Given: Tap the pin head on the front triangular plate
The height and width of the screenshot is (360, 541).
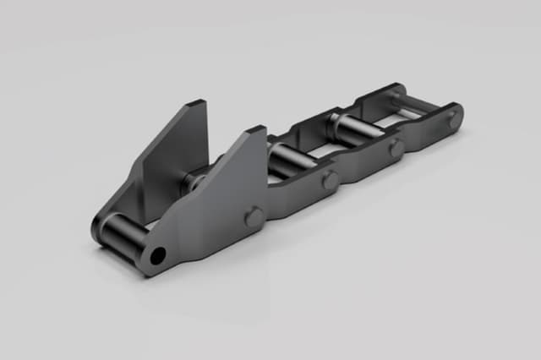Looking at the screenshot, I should coord(254,217).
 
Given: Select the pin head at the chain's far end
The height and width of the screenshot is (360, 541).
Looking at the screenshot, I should coord(455,119).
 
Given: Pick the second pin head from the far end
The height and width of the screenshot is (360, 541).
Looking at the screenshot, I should coord(396,149).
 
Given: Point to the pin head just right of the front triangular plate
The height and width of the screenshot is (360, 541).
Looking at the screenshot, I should coord(330,180).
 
